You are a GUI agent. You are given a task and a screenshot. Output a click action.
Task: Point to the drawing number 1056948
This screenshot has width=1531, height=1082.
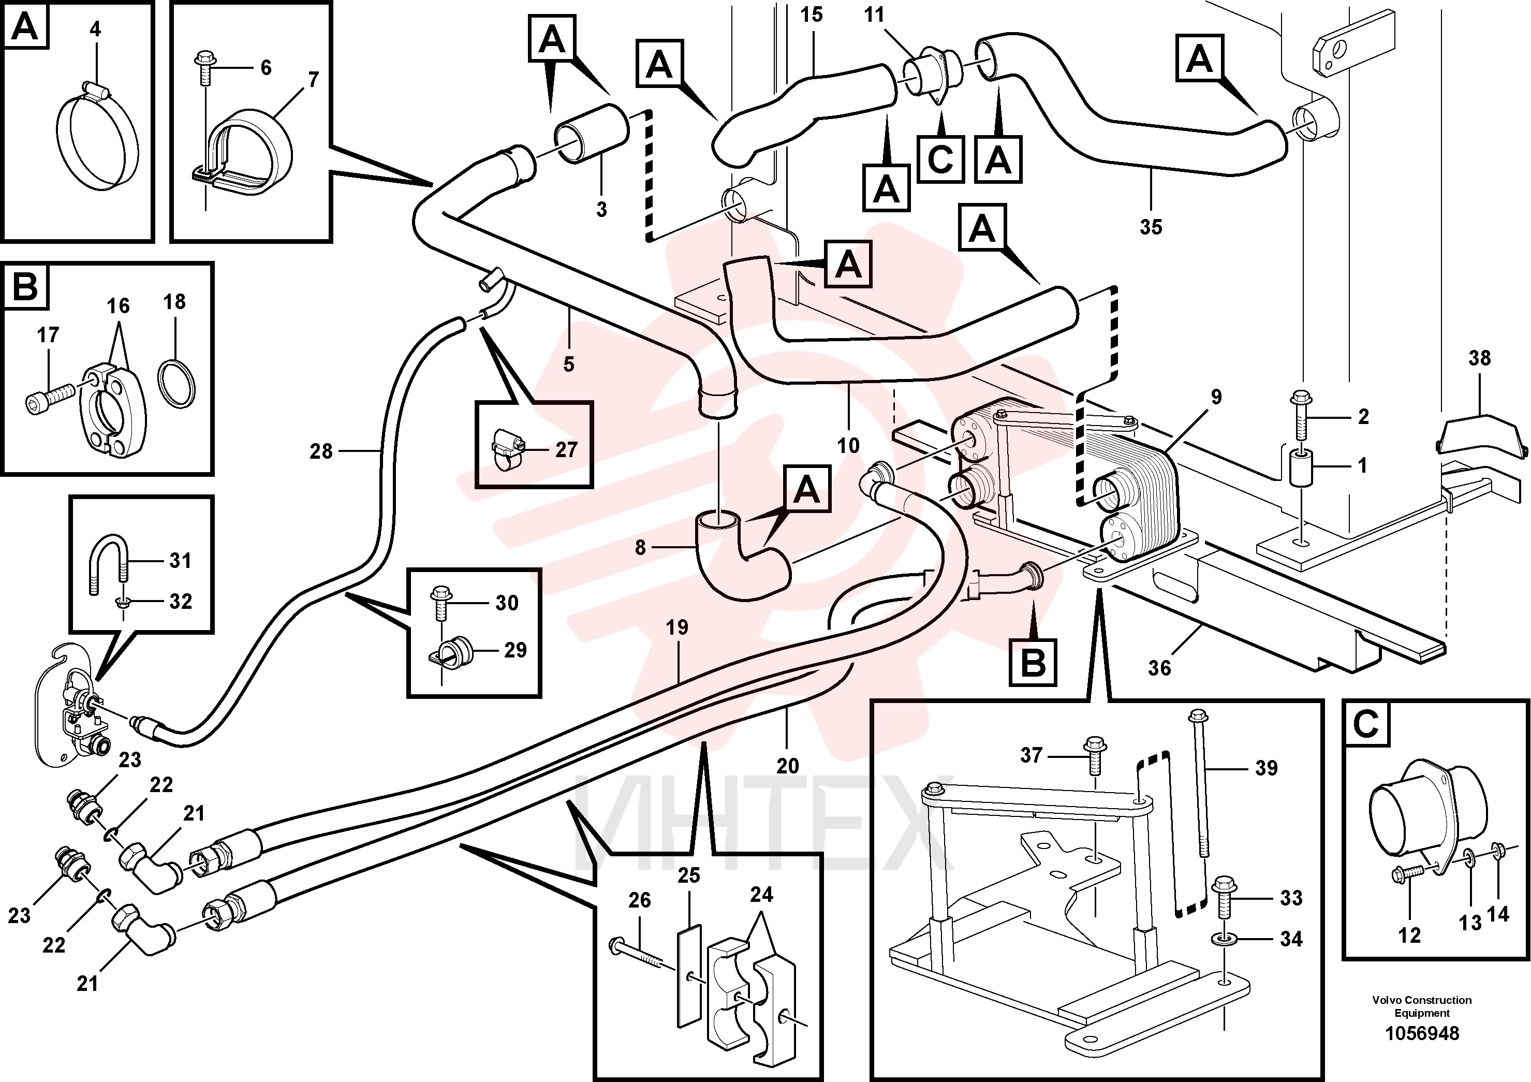[x=1422, y=1033]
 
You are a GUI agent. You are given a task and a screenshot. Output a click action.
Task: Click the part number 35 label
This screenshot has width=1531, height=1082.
[x=1151, y=227]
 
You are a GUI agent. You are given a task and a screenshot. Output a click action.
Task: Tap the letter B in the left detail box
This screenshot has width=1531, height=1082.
[x=26, y=287]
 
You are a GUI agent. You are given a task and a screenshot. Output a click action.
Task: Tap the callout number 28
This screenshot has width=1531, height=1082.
[x=321, y=451]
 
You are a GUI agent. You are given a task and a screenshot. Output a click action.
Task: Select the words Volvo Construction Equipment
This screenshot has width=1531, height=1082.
[x=1422, y=1006]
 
